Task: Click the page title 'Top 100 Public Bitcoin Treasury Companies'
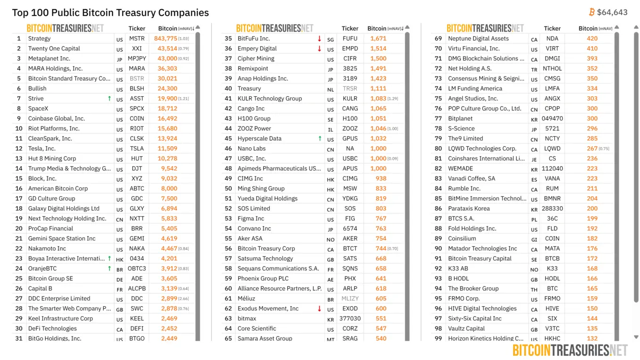click(110, 13)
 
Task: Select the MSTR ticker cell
click(137, 39)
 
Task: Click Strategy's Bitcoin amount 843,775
click(166, 39)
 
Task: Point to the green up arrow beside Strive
click(109, 99)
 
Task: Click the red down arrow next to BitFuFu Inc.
click(319, 39)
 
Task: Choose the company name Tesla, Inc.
click(42, 149)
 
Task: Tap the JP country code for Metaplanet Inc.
click(119, 59)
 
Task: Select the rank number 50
click(228, 189)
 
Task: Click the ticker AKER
click(350, 239)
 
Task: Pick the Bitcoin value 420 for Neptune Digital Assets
click(592, 39)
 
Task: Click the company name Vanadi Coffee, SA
click(472, 179)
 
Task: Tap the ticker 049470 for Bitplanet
click(552, 119)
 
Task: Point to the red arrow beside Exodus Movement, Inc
click(319, 309)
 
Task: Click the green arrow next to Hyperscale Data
click(320, 139)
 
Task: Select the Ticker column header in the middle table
click(350, 28)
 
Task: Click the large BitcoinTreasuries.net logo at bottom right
click(570, 350)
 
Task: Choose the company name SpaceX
click(38, 109)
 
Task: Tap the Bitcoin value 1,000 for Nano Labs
click(378, 149)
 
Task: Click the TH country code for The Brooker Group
click(534, 290)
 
